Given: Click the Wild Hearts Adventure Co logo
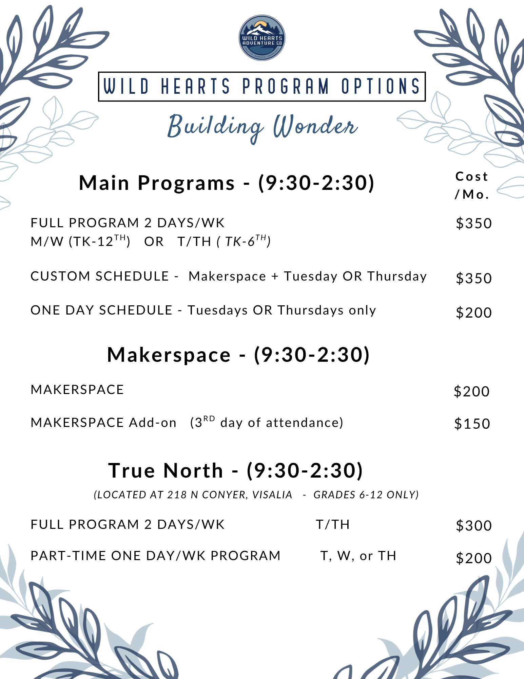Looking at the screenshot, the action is [262, 38].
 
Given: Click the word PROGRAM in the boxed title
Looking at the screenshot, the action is [286, 86].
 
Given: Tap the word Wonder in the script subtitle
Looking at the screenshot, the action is [315, 126].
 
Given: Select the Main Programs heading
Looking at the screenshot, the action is [227, 183].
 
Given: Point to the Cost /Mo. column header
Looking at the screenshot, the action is [472, 185].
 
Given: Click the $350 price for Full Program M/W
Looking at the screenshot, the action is [474, 224].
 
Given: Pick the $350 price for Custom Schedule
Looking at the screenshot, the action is [474, 278].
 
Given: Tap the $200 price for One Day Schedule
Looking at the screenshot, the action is [474, 312].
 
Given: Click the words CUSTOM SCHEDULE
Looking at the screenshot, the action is [100, 276].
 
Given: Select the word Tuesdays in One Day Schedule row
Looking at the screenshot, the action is [218, 310].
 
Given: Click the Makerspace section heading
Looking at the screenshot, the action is [238, 355].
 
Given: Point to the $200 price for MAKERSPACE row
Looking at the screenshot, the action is [472, 392].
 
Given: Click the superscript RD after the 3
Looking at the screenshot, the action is [209, 418].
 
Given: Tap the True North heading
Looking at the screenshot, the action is [236, 471].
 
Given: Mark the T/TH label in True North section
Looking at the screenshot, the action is [333, 525].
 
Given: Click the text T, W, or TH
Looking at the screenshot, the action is [358, 556].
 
